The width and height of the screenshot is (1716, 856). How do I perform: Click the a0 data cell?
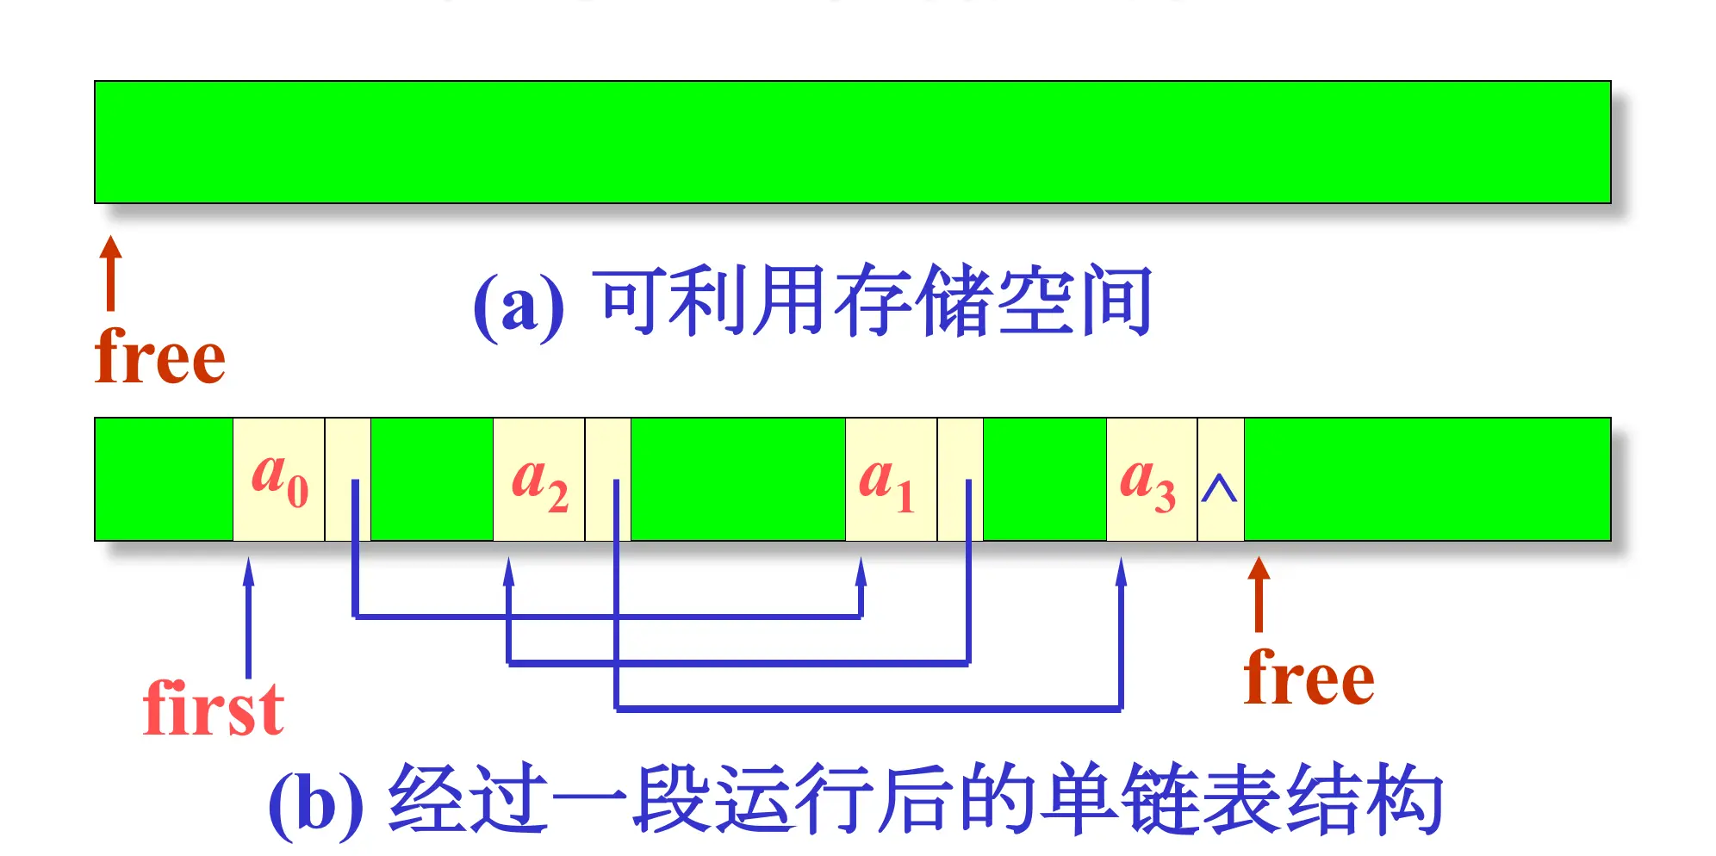[x=278, y=479]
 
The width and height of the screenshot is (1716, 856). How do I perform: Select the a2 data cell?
[x=538, y=479]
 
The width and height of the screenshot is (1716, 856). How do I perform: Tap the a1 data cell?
[x=890, y=479]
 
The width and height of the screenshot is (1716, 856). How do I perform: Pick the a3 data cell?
[x=1151, y=479]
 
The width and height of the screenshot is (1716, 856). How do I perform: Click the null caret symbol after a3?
[x=1219, y=489]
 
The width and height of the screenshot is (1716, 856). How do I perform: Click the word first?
[x=213, y=708]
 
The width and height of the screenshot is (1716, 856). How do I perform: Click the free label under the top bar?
[x=160, y=356]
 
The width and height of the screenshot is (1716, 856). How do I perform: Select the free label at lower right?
[x=1309, y=678]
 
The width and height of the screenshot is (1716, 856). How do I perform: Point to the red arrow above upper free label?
[x=110, y=272]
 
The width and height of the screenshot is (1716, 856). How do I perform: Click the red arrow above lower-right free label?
[x=1259, y=593]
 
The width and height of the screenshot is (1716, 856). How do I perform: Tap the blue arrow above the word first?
[x=249, y=617]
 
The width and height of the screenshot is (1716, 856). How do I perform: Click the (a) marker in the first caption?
[x=519, y=305]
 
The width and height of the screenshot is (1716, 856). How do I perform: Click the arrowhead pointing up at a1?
[x=861, y=572]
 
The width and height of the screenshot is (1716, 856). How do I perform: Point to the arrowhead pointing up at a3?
[x=1121, y=572]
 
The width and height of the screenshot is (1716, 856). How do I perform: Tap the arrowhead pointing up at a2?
[x=508, y=572]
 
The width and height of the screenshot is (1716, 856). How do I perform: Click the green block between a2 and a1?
[x=737, y=479]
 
